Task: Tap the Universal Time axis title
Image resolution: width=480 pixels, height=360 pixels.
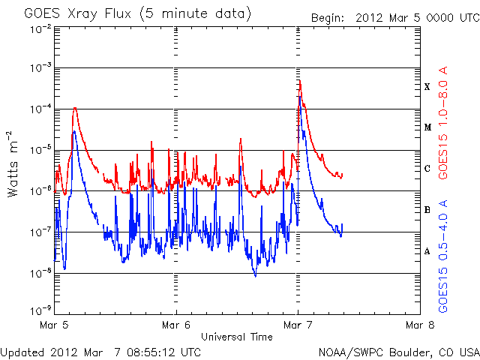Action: pyautogui.click(x=236, y=337)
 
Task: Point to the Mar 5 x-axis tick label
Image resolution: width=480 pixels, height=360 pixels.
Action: pyautogui.click(x=54, y=325)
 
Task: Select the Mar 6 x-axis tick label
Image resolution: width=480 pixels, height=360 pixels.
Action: pyautogui.click(x=175, y=325)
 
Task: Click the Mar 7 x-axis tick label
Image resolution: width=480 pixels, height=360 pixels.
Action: pyautogui.click(x=298, y=325)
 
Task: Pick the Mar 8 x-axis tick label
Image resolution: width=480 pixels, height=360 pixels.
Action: pyautogui.click(x=419, y=325)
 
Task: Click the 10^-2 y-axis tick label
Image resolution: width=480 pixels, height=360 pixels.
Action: pyautogui.click(x=39, y=28)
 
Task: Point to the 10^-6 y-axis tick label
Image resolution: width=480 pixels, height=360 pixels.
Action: pyautogui.click(x=39, y=190)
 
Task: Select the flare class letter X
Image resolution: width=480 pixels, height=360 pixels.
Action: pyautogui.click(x=427, y=87)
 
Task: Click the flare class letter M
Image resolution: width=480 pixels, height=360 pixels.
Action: pyautogui.click(x=427, y=127)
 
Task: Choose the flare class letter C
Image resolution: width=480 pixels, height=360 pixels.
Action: pyautogui.click(x=427, y=168)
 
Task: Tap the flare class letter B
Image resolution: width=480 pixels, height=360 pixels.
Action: pyautogui.click(x=427, y=209)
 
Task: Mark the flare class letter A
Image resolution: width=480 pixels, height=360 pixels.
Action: pyautogui.click(x=427, y=251)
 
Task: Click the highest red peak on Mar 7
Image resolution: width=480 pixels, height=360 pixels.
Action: pyautogui.click(x=300, y=80)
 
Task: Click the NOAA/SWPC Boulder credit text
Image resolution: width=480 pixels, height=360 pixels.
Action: pyautogui.click(x=398, y=352)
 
